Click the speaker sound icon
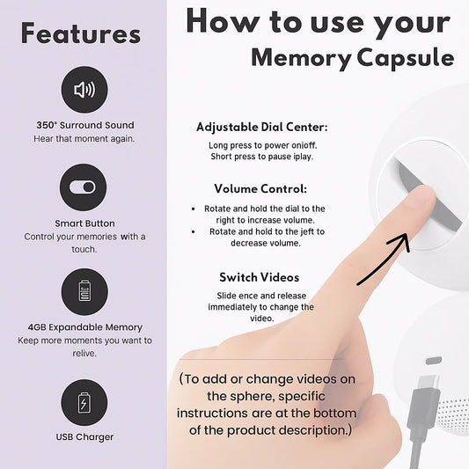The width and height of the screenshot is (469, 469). click(84, 90)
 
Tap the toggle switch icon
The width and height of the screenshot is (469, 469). click(83, 187)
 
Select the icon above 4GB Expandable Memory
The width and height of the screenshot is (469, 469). click(84, 291)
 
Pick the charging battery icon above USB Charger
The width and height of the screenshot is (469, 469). click(84, 403)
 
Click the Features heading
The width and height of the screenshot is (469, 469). click(81, 33)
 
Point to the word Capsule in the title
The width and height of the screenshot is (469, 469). click(406, 58)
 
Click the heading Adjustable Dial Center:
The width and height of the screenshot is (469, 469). click(262, 127)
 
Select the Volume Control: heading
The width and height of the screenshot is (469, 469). click(260, 188)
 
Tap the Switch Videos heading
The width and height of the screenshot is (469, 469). click(260, 277)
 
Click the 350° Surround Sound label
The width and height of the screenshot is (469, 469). click(85, 125)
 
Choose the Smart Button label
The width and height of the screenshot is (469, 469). click(84, 224)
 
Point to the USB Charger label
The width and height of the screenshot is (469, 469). click(84, 437)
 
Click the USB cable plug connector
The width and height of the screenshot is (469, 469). click(428, 386)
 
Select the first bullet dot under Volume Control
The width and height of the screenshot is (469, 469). click(194, 209)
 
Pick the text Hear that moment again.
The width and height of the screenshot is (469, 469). click(84, 139)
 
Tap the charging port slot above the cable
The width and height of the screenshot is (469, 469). click(434, 361)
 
